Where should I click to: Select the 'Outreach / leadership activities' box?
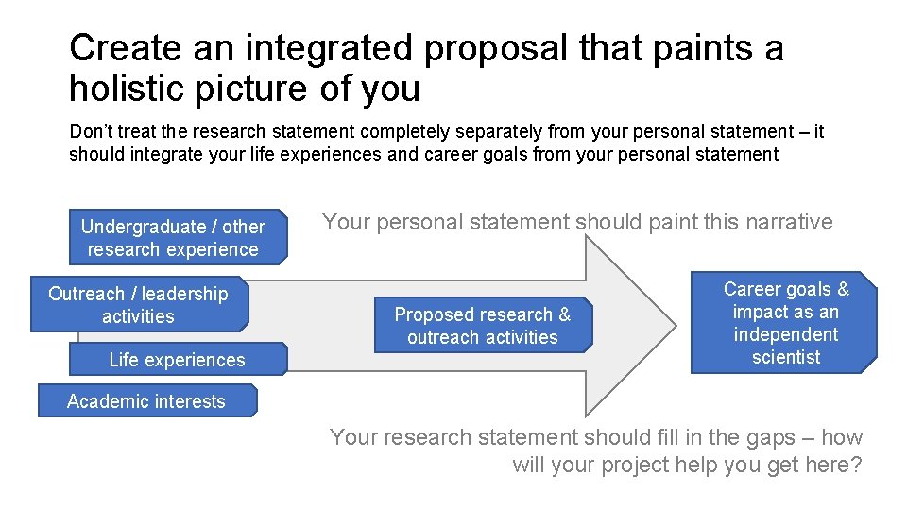tap(139, 305)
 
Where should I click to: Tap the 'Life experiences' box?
tap(177, 360)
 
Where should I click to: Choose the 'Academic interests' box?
tap(146, 401)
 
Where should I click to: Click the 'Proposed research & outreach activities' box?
tap(482, 326)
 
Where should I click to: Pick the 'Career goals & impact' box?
tap(784, 323)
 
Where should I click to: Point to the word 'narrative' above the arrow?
tap(790, 222)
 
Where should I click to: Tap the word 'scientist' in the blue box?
tap(786, 357)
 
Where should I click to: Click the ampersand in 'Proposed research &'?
tap(564, 314)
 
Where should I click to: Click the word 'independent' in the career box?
tap(786, 334)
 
